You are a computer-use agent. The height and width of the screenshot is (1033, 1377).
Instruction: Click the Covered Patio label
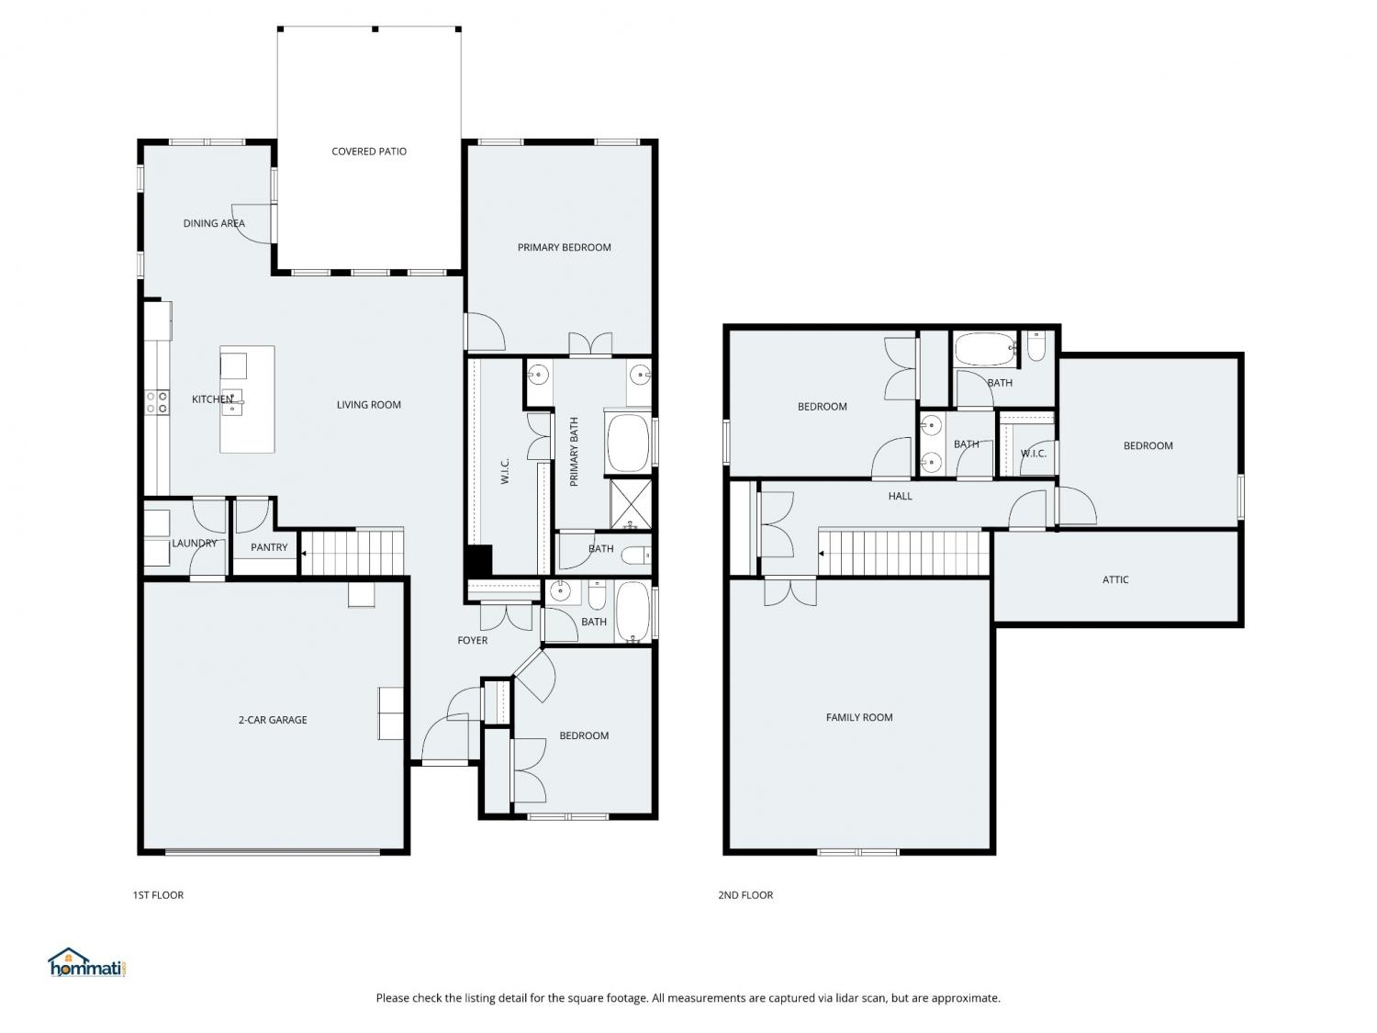[x=369, y=152]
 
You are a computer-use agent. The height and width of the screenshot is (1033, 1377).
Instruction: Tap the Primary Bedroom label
[x=564, y=247]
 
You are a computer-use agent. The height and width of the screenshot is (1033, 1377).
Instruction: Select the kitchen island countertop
[x=247, y=399]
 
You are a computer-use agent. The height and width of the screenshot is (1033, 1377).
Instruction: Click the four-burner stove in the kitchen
[x=157, y=402]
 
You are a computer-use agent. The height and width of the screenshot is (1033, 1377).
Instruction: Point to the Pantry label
[x=269, y=547]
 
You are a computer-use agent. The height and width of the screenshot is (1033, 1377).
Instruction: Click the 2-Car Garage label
[x=273, y=719]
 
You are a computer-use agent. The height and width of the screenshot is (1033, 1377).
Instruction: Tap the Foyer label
[x=473, y=640]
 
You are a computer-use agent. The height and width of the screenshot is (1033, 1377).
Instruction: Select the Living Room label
[x=369, y=405]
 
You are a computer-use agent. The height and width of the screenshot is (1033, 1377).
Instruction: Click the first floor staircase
[x=352, y=552]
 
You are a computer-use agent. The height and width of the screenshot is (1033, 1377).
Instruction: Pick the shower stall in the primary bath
[x=631, y=503]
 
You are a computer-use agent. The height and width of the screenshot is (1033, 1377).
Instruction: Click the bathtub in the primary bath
[x=628, y=442]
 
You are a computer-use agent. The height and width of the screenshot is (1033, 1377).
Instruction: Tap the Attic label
[x=1115, y=579]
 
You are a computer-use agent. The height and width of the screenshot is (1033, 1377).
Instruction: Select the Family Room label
[x=859, y=717]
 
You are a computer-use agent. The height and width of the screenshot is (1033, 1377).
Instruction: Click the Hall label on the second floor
[x=901, y=496]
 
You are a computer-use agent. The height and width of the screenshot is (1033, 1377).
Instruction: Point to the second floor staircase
[x=903, y=553]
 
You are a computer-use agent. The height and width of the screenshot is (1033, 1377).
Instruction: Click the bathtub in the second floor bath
[x=985, y=349]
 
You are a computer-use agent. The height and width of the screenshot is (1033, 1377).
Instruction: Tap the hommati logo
[x=87, y=962]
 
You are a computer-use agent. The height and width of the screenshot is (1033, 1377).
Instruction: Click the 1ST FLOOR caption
[x=158, y=895]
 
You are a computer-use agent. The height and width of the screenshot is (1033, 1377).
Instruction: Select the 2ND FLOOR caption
[x=745, y=895]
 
